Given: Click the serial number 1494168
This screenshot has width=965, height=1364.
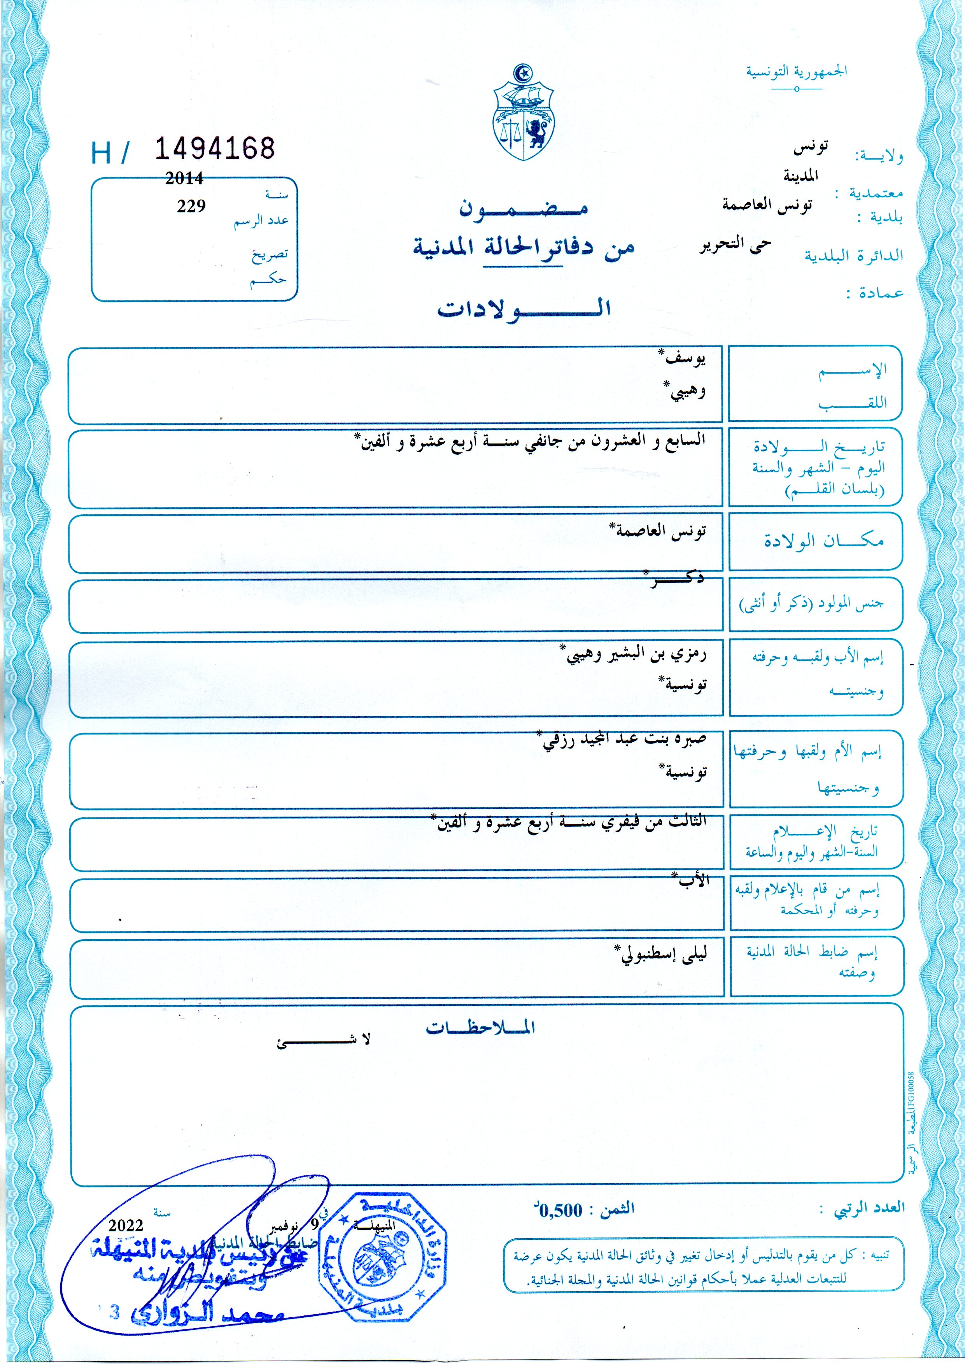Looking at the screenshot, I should coord(215,149).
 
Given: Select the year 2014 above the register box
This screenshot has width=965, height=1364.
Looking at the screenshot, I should coord(184,178).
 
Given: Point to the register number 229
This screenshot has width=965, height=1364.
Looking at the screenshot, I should coord(191,206).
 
